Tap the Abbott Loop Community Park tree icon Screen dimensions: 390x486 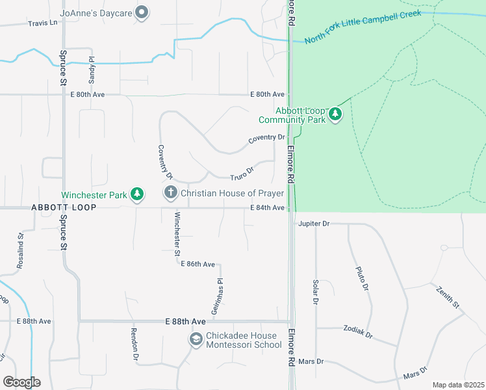(335, 114)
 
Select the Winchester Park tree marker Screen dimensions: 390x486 (136, 194)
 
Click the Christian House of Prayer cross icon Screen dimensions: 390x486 (170, 193)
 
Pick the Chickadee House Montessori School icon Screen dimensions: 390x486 (196, 339)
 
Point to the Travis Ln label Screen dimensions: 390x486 (43, 23)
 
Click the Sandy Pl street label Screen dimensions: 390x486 (93, 69)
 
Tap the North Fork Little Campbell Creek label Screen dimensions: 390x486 (362, 27)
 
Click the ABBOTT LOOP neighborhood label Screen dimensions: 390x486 (63, 207)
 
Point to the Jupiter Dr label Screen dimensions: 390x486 (314, 224)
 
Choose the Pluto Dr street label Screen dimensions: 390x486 (362, 278)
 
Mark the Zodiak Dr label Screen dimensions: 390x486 (358, 331)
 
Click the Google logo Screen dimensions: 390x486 (21, 382)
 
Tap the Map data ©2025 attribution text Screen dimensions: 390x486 (457, 385)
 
